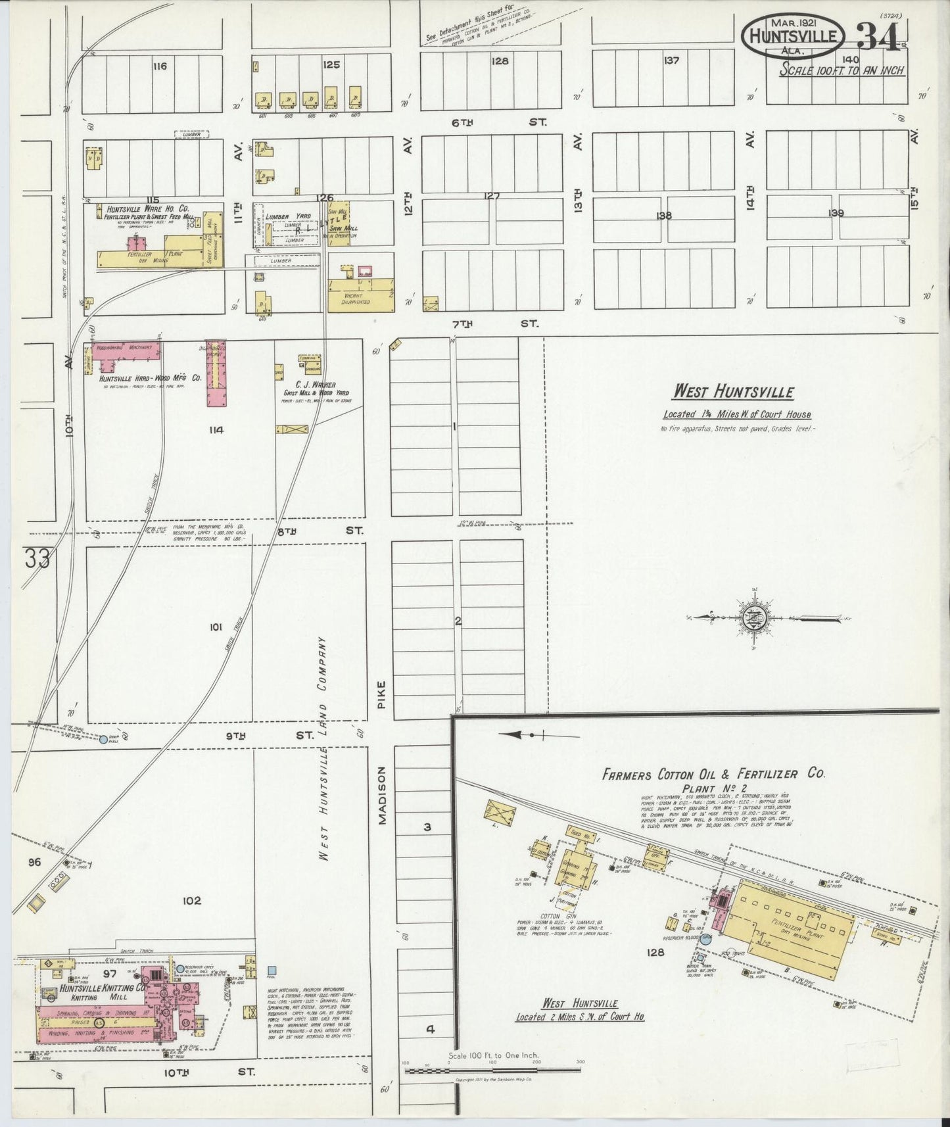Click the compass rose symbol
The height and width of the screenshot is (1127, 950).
click(x=751, y=618)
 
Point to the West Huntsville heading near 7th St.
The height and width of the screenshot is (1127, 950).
click(x=732, y=393)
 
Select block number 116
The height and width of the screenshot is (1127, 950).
click(x=159, y=66)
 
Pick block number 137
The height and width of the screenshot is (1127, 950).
click(x=671, y=60)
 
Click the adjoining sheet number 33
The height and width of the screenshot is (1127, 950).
click(x=37, y=560)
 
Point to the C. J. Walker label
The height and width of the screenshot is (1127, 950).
click(x=316, y=385)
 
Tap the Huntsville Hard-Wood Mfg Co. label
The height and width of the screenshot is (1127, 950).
click(x=150, y=379)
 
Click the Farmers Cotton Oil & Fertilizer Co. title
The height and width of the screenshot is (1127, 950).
click(x=713, y=774)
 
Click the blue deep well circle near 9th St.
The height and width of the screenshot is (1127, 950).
click(x=103, y=739)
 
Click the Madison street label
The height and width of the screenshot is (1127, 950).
click(x=383, y=794)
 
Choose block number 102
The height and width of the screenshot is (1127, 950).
click(x=192, y=900)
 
